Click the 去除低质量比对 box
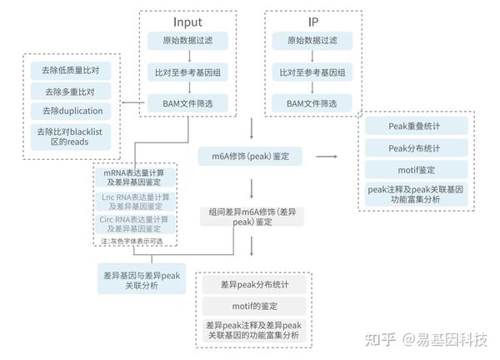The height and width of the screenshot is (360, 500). pyautogui.click(x=72, y=69)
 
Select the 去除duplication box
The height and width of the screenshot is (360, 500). pyautogui.click(x=72, y=111)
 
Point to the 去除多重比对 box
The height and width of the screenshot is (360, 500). pyautogui.click(x=72, y=90)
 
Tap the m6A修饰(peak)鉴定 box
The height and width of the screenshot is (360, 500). pyautogui.click(x=251, y=156)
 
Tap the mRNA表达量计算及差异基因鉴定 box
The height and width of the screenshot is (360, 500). pyautogui.click(x=135, y=176)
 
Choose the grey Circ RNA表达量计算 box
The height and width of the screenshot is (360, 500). pyautogui.click(x=135, y=223)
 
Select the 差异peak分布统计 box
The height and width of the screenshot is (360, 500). pyautogui.click(x=253, y=284)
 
